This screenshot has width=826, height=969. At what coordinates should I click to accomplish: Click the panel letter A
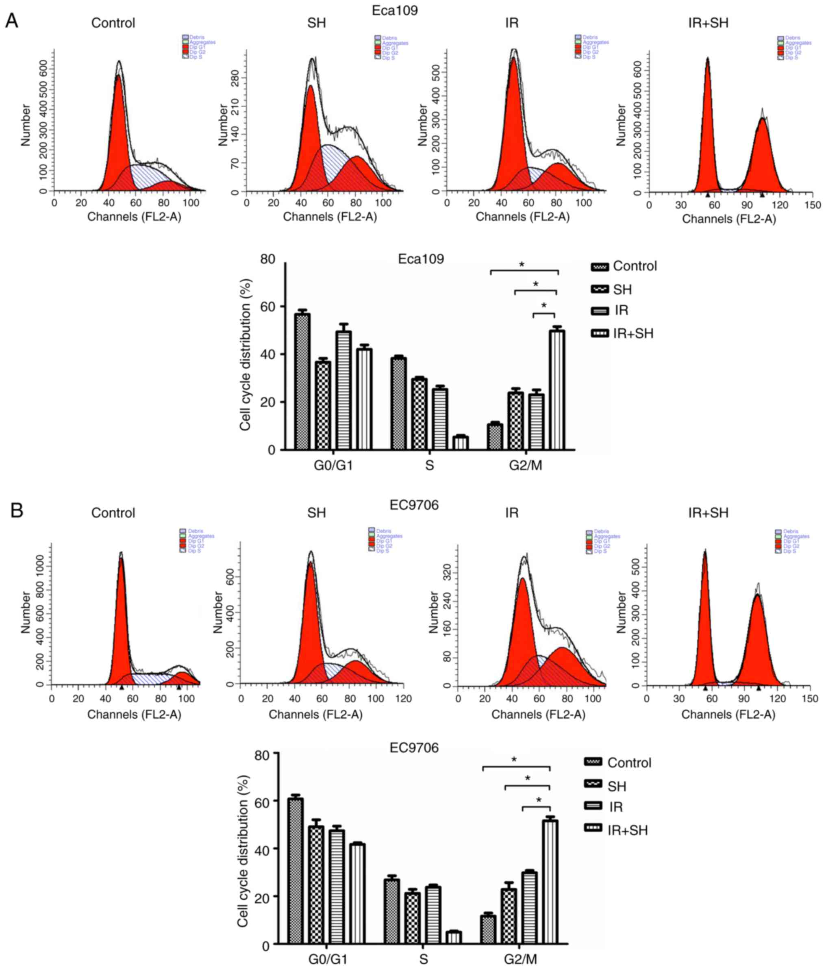[11, 21]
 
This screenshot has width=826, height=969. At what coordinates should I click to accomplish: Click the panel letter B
[17, 510]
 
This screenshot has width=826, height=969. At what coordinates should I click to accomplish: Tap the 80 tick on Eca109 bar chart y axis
[267, 259]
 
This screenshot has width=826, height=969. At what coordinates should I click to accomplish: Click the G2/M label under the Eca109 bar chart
[526, 466]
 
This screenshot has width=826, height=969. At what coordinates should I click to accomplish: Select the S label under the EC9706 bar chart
[424, 959]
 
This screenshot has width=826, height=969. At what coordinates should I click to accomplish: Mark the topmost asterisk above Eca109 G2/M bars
[522, 265]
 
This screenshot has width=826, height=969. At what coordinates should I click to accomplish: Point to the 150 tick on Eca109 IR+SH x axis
[813, 205]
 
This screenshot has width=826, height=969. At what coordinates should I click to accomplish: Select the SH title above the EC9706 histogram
[317, 513]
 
